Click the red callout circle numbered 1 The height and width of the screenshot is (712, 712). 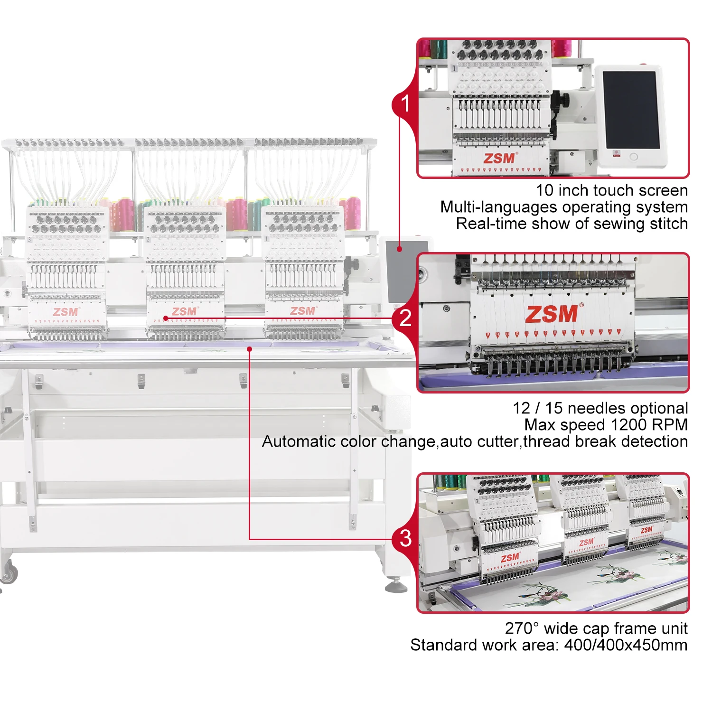[x=405, y=103]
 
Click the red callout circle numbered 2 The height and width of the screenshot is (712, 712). [x=405, y=318]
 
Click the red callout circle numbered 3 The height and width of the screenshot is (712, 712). [x=405, y=538]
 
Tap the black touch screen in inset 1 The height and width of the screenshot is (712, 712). [x=630, y=110]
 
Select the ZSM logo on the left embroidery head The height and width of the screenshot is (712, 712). [x=66, y=312]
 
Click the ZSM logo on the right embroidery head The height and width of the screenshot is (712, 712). [x=303, y=311]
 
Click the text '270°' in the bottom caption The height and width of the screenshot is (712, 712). [x=522, y=628]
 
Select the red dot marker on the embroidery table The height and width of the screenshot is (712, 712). [x=249, y=349]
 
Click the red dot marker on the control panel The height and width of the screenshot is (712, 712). [x=400, y=249]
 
